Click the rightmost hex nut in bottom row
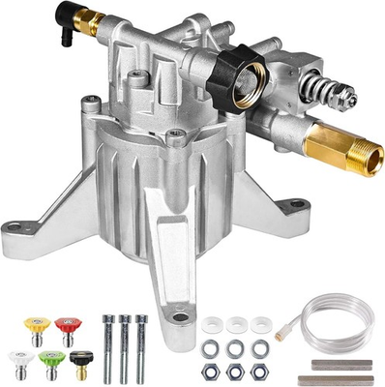[x=258, y=372]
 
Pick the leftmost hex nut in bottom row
[x=212, y=372]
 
